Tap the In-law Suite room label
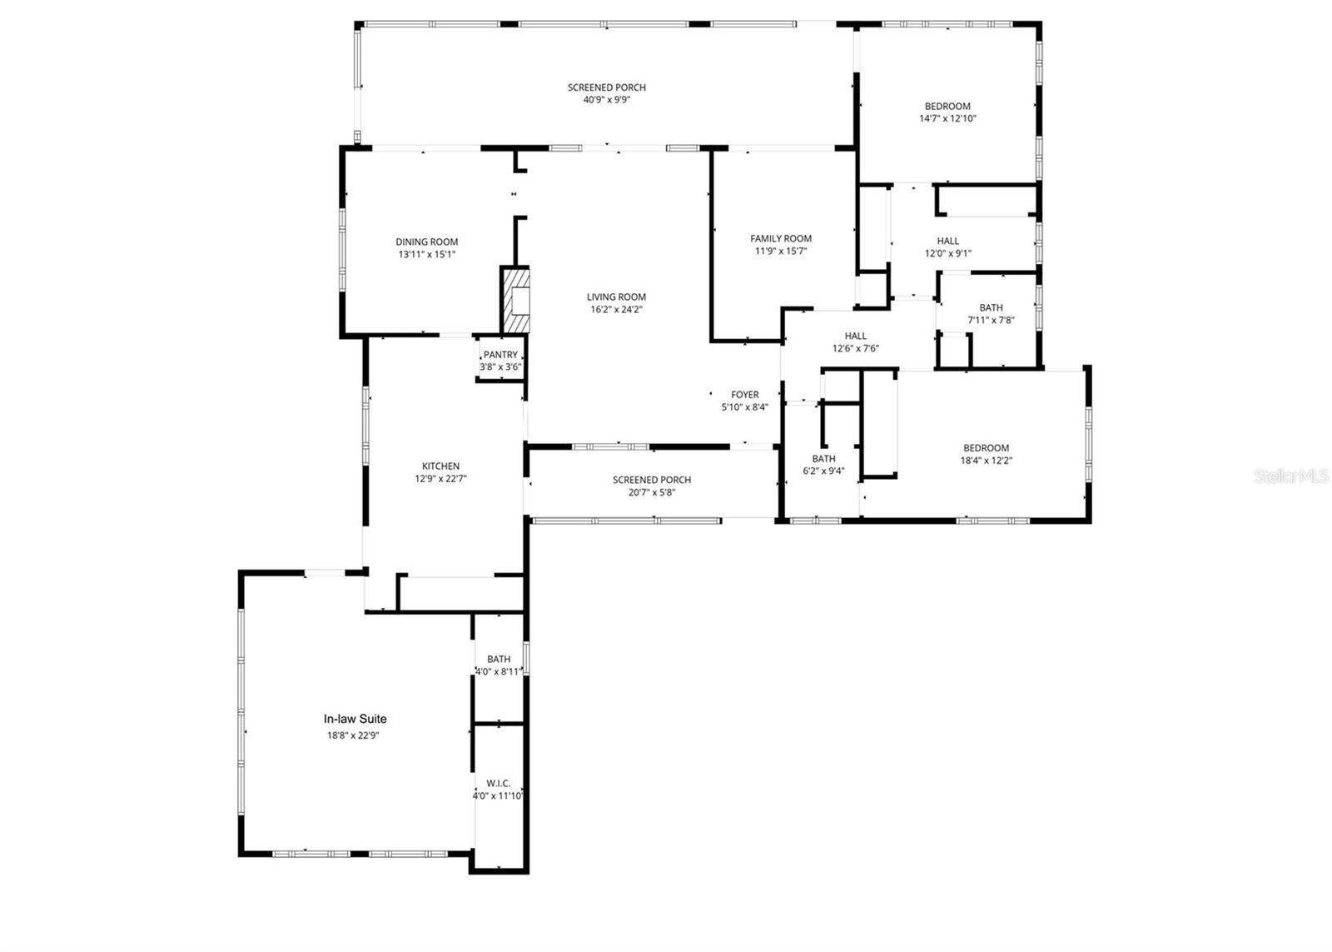tap(355, 719)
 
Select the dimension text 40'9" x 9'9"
tap(607, 100)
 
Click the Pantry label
tap(500, 355)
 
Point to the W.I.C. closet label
tap(499, 783)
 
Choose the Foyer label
tap(745, 395)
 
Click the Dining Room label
tap(427, 242)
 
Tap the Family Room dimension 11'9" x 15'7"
tap(781, 251)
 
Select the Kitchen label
tap(440, 466)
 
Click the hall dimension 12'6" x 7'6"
tap(856, 349)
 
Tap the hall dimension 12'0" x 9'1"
tap(948, 253)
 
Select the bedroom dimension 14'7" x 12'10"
tap(947, 118)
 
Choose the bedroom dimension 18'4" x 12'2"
tap(987, 461)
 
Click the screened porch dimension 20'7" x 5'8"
tap(652, 492)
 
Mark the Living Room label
tap(616, 297)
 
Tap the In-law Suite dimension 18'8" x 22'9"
tap(355, 735)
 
